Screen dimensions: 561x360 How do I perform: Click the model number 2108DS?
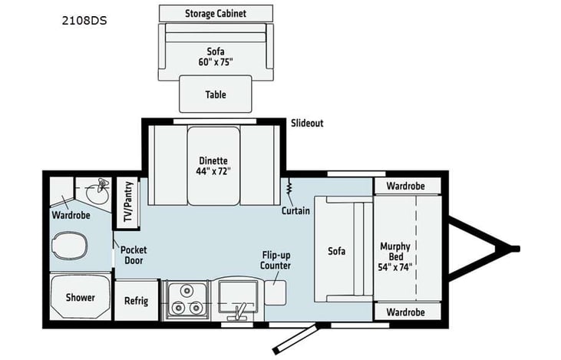84,21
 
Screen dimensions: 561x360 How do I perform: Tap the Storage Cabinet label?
216,14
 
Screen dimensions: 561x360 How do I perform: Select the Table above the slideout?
216,94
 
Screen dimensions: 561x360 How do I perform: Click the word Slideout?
307,123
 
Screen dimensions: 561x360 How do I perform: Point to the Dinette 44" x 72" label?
213,166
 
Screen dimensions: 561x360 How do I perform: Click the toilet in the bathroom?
69,246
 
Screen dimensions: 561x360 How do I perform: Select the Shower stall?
80,297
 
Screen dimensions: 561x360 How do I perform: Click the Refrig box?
137,301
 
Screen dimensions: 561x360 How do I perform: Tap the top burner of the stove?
186,290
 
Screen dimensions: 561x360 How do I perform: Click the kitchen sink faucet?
239,312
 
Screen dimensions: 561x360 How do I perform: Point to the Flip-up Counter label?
276,260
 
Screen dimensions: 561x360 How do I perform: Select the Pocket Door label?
134,255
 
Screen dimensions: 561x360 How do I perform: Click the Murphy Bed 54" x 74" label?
395,256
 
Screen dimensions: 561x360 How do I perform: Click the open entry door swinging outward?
295,339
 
